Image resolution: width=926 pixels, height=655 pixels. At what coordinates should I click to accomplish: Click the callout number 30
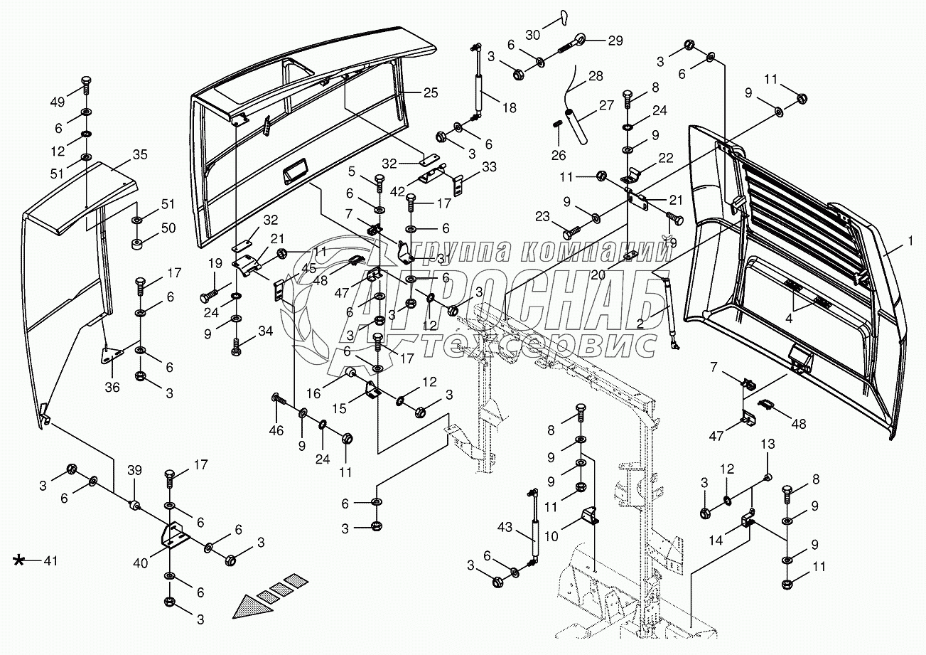click(533, 35)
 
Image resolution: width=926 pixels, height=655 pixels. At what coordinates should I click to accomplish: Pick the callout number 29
click(614, 39)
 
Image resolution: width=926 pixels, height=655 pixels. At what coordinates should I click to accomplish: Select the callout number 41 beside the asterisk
click(48, 562)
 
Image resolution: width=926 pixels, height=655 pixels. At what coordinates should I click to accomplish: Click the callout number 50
click(167, 227)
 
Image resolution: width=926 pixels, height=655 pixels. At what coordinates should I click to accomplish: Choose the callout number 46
click(276, 430)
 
